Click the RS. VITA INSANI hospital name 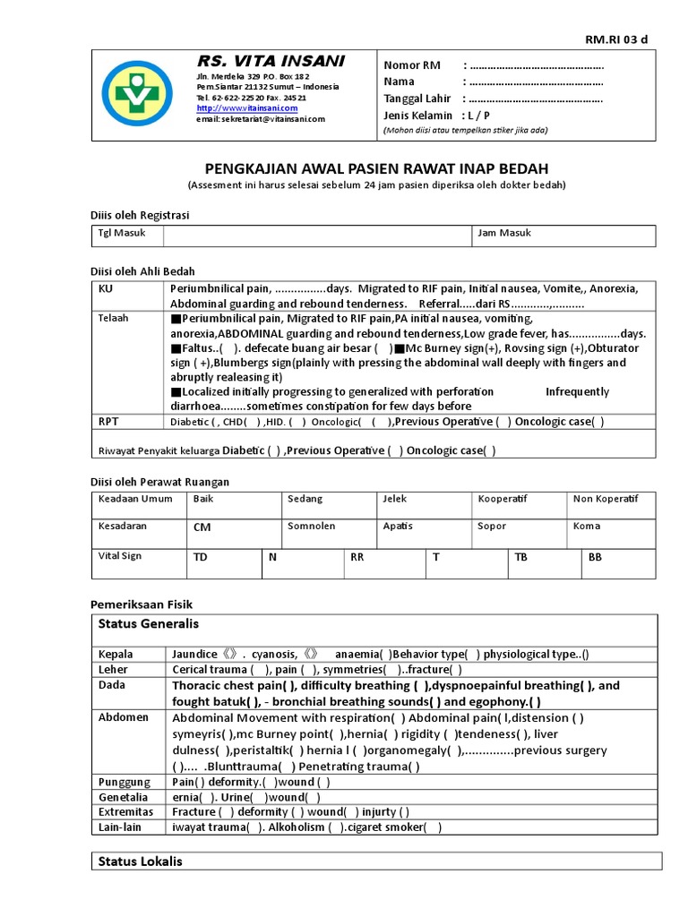(x=271, y=61)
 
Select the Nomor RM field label (x=412, y=66)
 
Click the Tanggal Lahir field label (x=417, y=99)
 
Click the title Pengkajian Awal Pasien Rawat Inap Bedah (x=377, y=169)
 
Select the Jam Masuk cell (x=504, y=234)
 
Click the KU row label (x=106, y=289)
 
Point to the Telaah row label (x=113, y=318)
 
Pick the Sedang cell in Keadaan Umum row (x=305, y=499)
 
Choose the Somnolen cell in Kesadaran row (x=311, y=527)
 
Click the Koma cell (x=586, y=527)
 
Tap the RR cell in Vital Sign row (x=357, y=557)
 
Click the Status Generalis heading (x=148, y=623)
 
